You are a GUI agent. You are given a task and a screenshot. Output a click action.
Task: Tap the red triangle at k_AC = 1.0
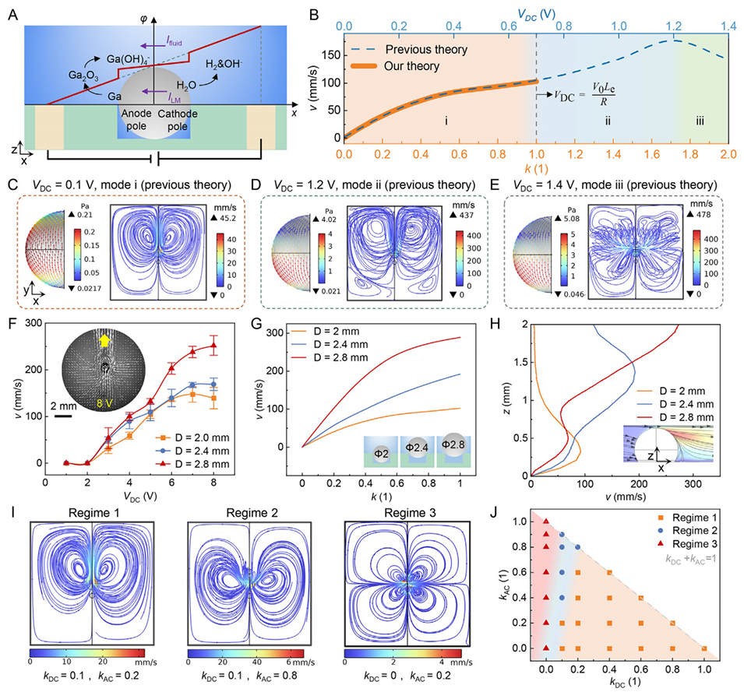click(x=547, y=522)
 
